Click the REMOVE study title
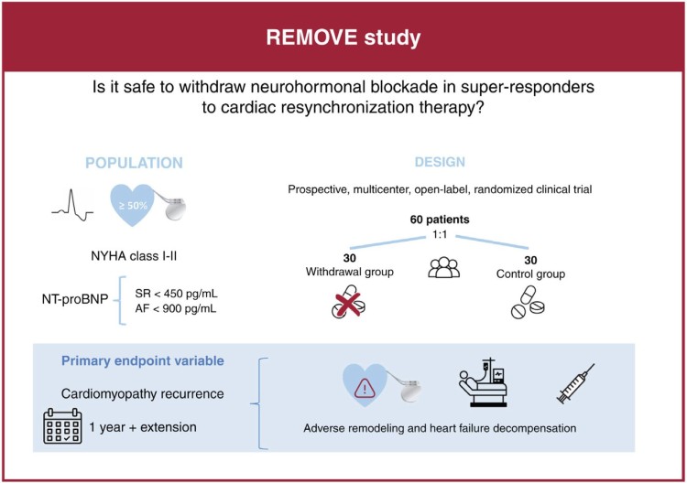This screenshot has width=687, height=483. tap(343, 40)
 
